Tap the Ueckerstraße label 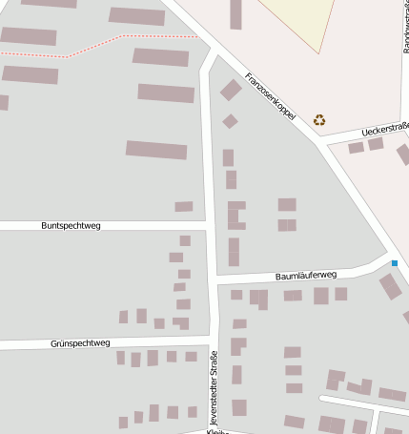click(385, 131)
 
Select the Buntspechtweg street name click(71, 226)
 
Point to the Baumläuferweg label click(306, 275)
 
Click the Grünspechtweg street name click(81, 342)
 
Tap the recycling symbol click(318, 120)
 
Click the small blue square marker click(394, 262)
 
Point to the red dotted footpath click(105, 44)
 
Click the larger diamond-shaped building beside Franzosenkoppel click(231, 91)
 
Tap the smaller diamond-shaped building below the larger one click(230, 121)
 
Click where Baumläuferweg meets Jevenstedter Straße click(213, 279)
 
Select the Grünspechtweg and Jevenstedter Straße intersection click(211, 339)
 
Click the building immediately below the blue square click(390, 286)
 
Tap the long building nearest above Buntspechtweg click(156, 150)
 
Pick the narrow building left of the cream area click(235, 14)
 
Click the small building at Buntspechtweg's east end click(184, 207)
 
